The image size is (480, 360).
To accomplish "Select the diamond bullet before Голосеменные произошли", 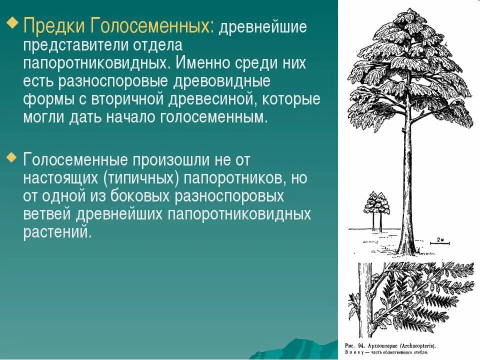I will [x=12, y=158].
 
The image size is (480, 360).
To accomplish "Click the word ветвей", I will [x=47, y=215].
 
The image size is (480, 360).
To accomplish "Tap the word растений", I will [x=57, y=233].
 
